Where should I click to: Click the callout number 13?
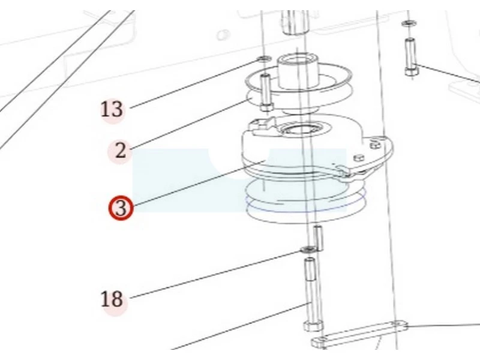pyautogui.click(x=112, y=109)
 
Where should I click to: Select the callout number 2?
pyautogui.click(x=121, y=151)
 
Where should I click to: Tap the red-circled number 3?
pyautogui.click(x=121, y=208)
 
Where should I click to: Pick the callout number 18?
pyautogui.click(x=112, y=299)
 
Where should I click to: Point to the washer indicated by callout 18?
pyautogui.click(x=308, y=250)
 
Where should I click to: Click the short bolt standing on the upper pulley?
pyautogui.click(x=266, y=92)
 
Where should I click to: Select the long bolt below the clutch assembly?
pyautogui.click(x=312, y=295)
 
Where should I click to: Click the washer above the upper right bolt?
pyautogui.click(x=408, y=23)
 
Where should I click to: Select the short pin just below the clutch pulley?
pyautogui.click(x=318, y=238)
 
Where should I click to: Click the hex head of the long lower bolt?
pyautogui.click(x=313, y=326)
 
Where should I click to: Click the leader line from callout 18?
pyautogui.click(x=216, y=274)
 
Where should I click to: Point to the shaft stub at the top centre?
pyautogui.click(x=294, y=22)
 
